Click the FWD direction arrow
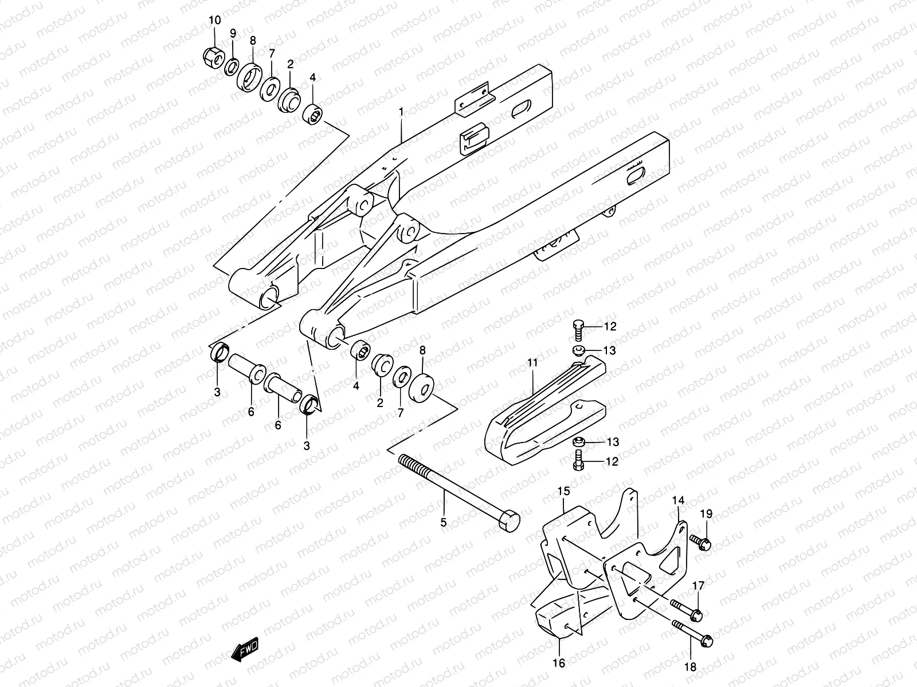(245, 650)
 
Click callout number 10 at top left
(214, 21)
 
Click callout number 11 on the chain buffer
(532, 362)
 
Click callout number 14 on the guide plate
(679, 500)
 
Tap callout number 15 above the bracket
(564, 491)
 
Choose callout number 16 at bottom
(559, 663)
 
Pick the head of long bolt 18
(706, 637)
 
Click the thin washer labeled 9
(232, 67)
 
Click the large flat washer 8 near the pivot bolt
(422, 388)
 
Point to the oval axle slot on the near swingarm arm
(638, 175)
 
